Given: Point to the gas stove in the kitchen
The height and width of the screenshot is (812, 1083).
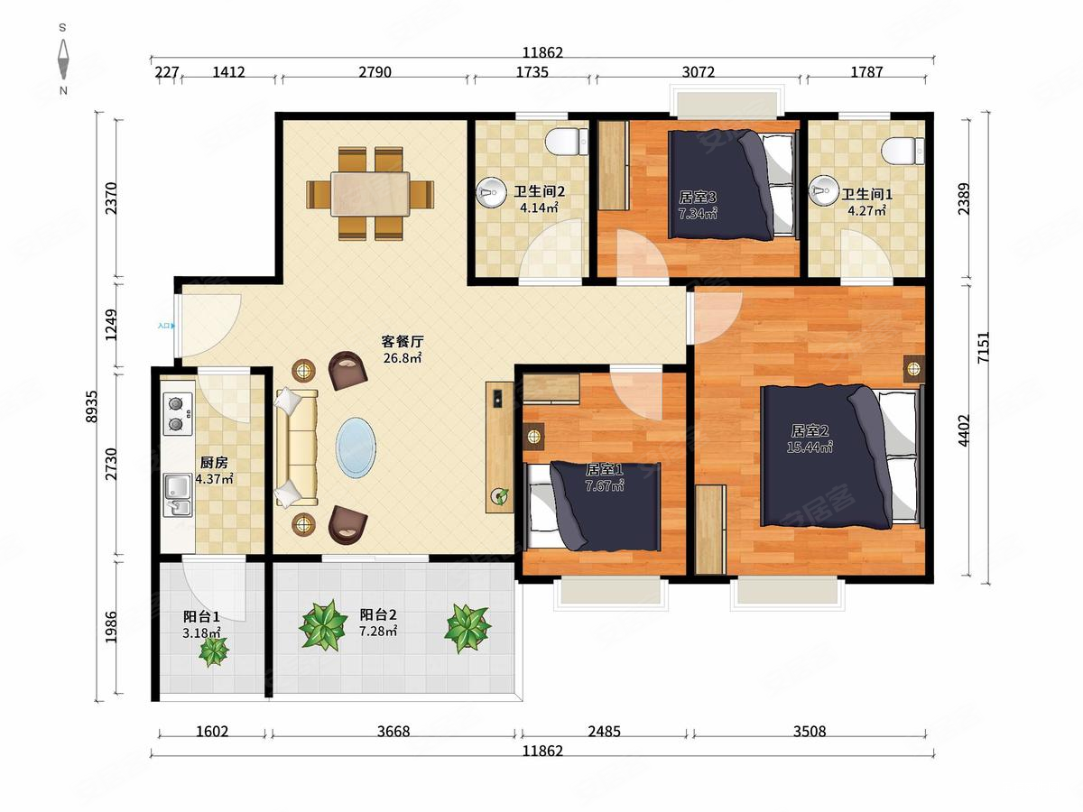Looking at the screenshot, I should tap(178, 412).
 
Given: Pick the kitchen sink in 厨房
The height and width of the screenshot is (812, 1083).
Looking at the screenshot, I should tap(178, 494).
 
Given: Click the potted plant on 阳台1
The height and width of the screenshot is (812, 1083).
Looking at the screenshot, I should tap(214, 651).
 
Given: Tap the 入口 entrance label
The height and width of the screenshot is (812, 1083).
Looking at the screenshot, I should tap(164, 326).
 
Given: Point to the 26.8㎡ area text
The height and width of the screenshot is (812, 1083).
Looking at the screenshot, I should tap(403, 357).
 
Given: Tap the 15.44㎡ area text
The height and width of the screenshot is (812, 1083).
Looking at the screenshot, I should tap(810, 446).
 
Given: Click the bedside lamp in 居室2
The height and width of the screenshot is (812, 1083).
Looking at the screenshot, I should tap(914, 367).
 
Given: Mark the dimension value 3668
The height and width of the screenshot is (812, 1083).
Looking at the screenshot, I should tap(393, 732).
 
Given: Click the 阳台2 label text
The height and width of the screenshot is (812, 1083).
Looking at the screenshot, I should tap(376, 616).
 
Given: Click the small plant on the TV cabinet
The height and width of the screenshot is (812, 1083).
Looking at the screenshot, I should tap(498, 495).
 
